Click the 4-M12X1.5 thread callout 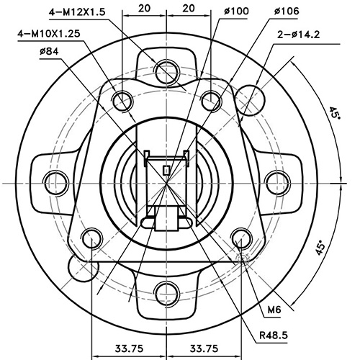[78, 12]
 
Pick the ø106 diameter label [287, 12]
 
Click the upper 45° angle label [333, 116]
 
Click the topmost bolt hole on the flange [168, 70]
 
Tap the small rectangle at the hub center [167, 170]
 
